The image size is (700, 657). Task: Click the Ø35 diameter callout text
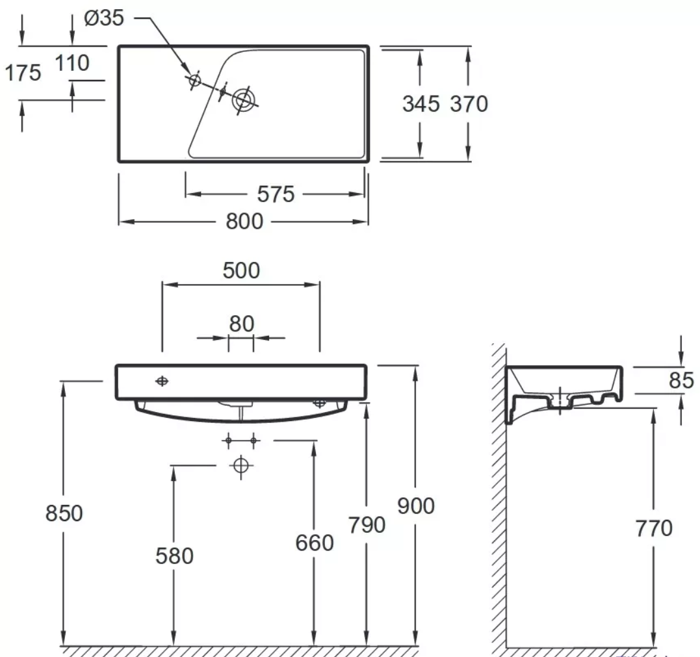click(104, 18)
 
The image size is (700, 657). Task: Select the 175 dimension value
click(23, 73)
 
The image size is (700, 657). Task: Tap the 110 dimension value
click(71, 63)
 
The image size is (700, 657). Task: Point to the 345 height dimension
click(421, 103)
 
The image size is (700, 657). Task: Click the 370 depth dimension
click(469, 103)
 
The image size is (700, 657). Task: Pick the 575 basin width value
click(276, 194)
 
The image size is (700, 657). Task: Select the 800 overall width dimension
click(244, 222)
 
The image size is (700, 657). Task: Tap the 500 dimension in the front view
click(240, 270)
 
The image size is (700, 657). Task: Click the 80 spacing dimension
click(240, 323)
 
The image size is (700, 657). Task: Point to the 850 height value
click(64, 513)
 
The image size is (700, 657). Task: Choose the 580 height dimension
click(174, 556)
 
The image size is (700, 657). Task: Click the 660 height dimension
click(314, 542)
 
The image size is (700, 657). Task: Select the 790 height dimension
click(367, 524)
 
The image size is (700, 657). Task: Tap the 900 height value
click(415, 506)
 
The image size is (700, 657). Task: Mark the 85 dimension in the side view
click(681, 380)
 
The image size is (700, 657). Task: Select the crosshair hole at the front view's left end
click(162, 381)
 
